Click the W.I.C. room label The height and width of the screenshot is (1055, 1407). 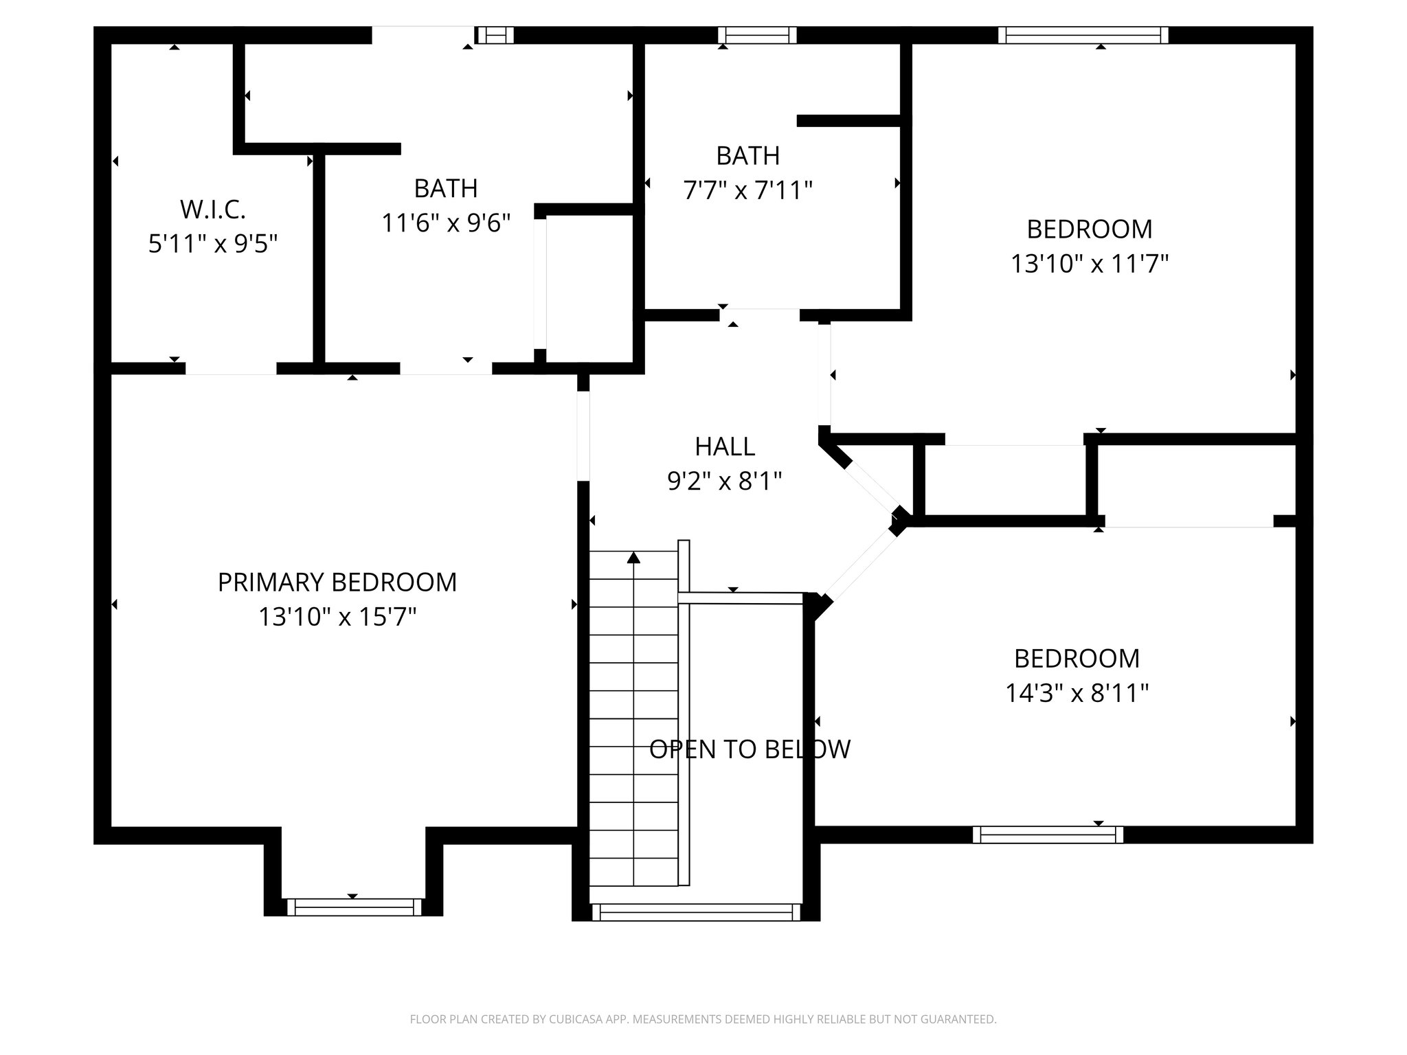tap(213, 209)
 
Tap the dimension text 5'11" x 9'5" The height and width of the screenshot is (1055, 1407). tap(213, 243)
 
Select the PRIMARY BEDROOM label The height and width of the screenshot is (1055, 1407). tap(337, 582)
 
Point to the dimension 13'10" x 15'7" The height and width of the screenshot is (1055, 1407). tap(337, 617)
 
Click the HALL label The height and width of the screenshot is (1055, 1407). tap(725, 447)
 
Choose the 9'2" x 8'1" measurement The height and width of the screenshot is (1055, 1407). tap(725, 481)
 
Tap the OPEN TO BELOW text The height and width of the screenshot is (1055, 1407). tap(750, 749)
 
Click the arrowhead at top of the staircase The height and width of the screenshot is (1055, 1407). tap(633, 558)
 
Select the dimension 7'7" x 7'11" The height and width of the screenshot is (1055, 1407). tap(747, 190)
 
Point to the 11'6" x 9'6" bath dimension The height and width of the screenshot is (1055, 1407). tap(446, 223)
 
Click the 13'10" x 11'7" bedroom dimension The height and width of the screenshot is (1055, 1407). tap(1089, 263)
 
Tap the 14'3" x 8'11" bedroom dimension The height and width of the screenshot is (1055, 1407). tap(1077, 693)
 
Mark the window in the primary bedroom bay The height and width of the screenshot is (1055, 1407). tap(354, 907)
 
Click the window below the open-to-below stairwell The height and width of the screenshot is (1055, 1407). tap(696, 912)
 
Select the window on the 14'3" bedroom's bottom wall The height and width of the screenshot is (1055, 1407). tap(1048, 835)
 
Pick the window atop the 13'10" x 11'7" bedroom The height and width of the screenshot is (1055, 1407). tap(1083, 35)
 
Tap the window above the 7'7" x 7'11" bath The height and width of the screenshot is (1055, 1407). tap(757, 35)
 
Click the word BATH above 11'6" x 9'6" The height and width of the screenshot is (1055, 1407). tap(446, 188)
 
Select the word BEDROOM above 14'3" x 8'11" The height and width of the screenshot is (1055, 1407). tap(1077, 659)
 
